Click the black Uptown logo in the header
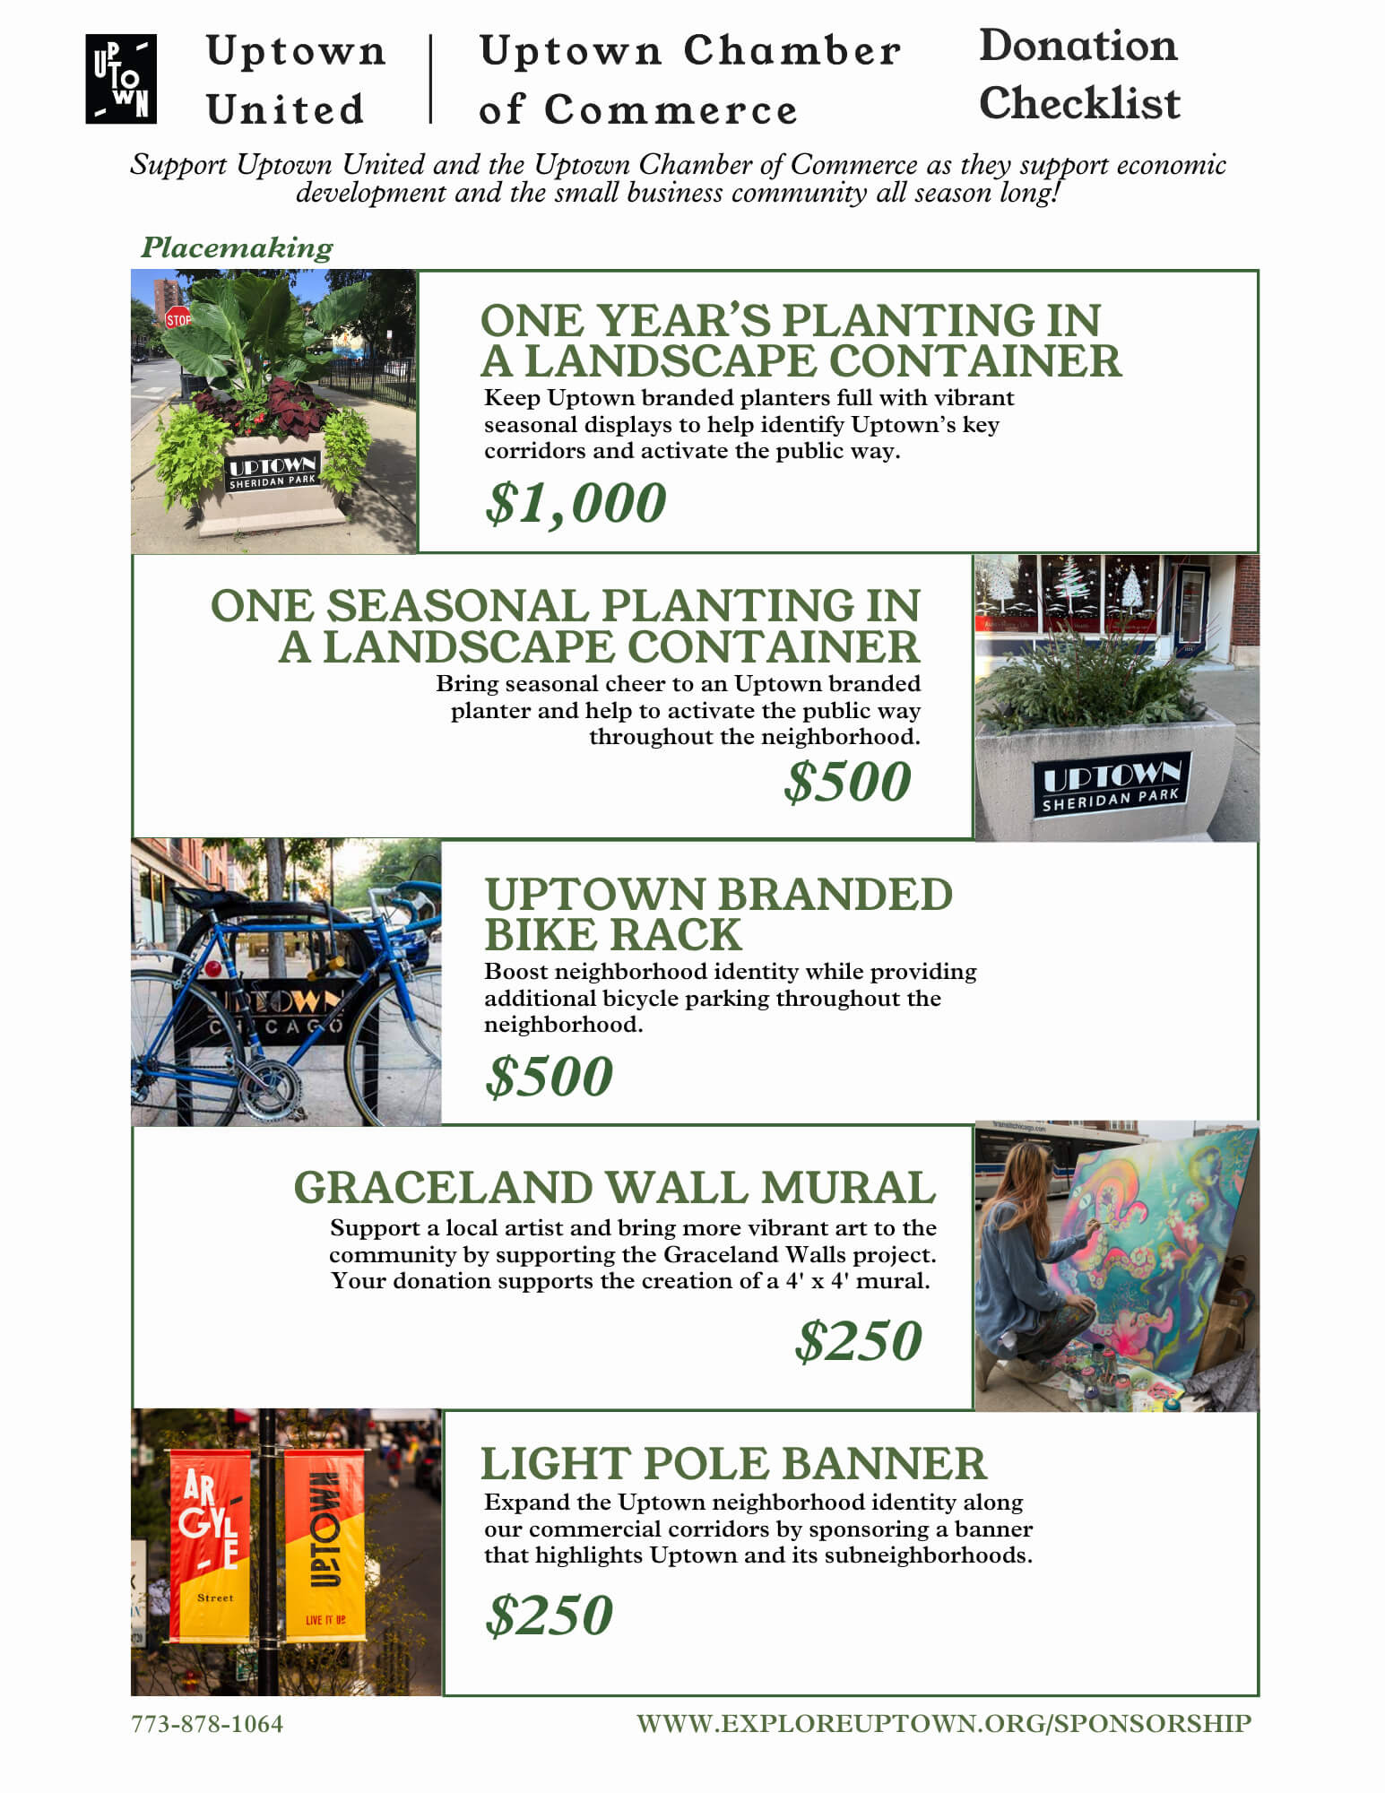121,79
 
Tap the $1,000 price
576,503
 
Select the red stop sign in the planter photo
177,318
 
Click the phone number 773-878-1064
207,1724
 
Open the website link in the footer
943,1723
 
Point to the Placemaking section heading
237,247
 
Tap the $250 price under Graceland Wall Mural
858,1341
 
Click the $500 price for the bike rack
549,1076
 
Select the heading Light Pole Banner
733,1464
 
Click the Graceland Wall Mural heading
615,1188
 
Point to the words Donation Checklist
1078,74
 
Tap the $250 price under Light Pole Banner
549,1615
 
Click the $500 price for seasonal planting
847,782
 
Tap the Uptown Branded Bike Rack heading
718,914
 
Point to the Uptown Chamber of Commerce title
689,79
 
